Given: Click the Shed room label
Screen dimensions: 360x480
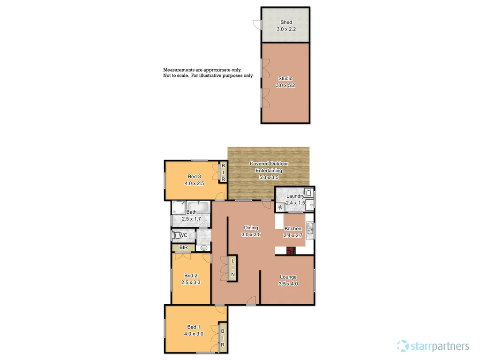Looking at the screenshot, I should (x=286, y=22).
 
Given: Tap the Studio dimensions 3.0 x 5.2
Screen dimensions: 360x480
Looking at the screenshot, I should (x=286, y=86).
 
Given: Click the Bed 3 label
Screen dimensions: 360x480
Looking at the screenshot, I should (x=193, y=177).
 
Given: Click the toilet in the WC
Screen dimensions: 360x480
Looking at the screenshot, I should (x=176, y=235).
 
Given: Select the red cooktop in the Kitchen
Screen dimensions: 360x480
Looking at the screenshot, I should (x=291, y=250).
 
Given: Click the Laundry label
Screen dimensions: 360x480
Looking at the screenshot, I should (x=295, y=196).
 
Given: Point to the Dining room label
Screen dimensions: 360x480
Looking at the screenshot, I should (x=250, y=228).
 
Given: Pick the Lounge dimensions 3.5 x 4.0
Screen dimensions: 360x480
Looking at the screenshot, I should (x=288, y=284).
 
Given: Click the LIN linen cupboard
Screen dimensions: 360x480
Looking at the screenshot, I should (x=232, y=269).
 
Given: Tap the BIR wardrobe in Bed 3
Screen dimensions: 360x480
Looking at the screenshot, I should (x=224, y=172).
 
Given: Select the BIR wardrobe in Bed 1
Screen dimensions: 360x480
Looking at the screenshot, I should (x=223, y=337).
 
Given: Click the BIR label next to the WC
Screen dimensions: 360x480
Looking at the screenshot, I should (x=183, y=247).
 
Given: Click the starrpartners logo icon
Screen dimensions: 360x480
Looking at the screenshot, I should (x=402, y=346).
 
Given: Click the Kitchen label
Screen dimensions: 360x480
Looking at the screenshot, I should (x=293, y=228).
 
